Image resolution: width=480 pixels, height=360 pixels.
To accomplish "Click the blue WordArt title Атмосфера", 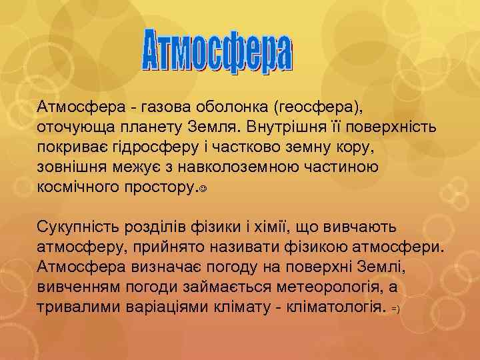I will tap(217, 50).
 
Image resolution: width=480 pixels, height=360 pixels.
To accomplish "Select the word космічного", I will tap(79, 187).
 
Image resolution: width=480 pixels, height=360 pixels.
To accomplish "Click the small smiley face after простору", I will tap(202, 189).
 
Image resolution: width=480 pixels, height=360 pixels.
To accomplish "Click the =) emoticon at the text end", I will tap(395, 310).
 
